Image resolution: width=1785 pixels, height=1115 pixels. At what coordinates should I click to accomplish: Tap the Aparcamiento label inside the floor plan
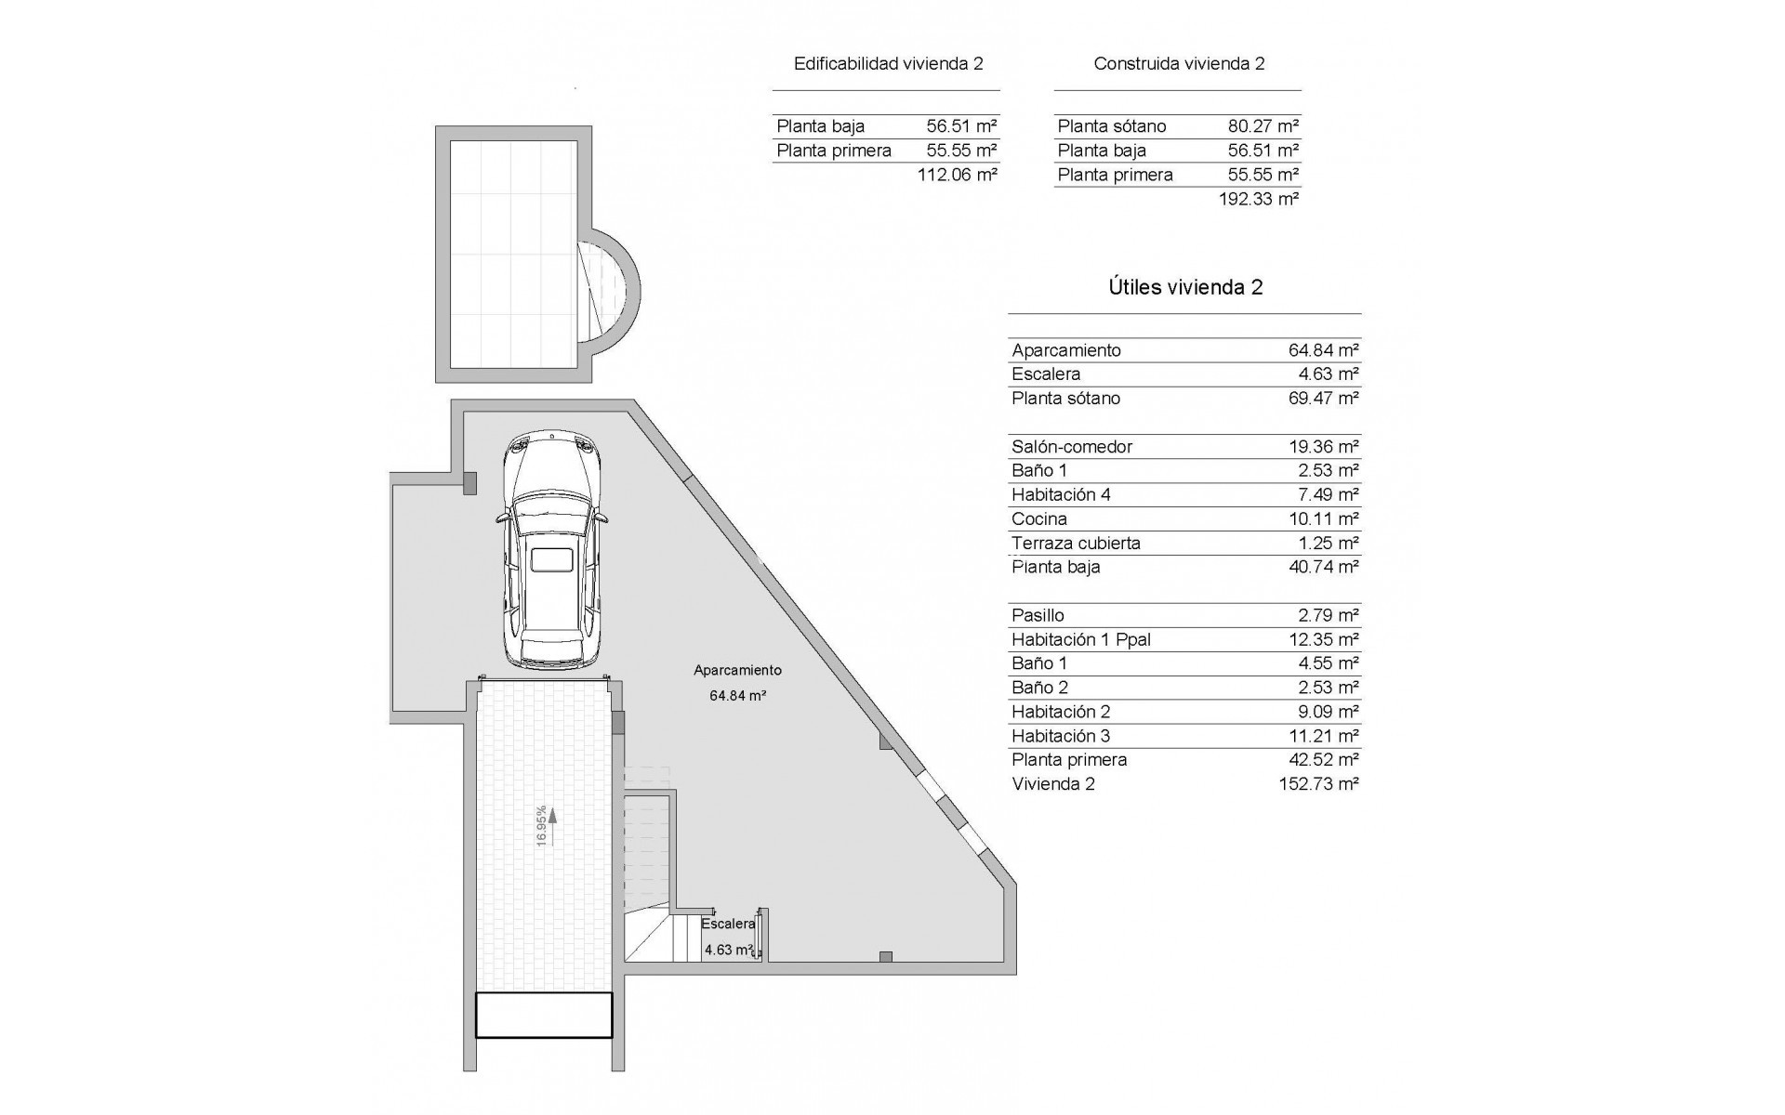tap(737, 670)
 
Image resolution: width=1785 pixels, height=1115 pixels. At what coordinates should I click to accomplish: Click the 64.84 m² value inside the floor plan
tap(737, 695)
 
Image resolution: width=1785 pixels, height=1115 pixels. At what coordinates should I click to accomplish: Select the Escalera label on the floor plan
tap(728, 924)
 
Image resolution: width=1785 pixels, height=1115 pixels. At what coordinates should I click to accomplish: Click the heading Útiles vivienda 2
tap(1185, 287)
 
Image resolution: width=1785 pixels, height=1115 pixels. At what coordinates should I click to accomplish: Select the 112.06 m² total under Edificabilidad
tap(957, 175)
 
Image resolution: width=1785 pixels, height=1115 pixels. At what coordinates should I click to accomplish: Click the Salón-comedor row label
tap(1072, 447)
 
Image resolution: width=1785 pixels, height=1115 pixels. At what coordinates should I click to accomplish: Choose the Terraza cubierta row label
tap(1076, 544)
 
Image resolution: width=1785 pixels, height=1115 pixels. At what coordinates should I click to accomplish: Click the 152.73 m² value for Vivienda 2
tap(1318, 784)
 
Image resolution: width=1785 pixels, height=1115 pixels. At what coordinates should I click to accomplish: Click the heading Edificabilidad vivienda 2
tap(888, 64)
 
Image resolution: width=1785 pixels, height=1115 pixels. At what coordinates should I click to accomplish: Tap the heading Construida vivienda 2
tap(1179, 64)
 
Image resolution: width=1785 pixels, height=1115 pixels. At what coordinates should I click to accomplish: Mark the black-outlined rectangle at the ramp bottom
tap(544, 1015)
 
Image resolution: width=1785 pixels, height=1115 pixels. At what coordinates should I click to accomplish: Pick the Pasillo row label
tap(1038, 616)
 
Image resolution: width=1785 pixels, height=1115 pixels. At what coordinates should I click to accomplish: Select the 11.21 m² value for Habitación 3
tap(1323, 736)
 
